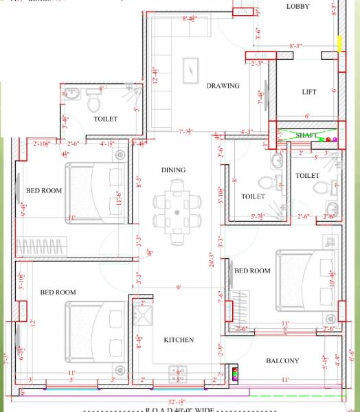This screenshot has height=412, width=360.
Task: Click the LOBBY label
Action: (x=297, y=7)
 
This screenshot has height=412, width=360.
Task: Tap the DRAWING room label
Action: (x=223, y=86)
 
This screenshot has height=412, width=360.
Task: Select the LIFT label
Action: (x=308, y=92)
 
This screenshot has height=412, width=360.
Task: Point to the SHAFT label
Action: (x=306, y=135)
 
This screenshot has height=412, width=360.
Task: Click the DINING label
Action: (x=173, y=170)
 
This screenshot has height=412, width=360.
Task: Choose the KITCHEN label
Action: (x=178, y=340)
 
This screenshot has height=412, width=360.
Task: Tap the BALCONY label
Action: (x=282, y=360)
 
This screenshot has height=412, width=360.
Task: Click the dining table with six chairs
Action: (x=177, y=204)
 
